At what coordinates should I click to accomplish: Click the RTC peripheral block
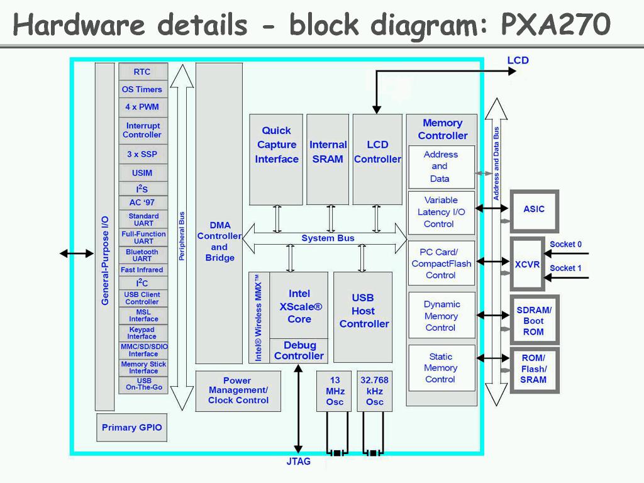pos(143,72)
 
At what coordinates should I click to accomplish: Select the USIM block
pos(143,173)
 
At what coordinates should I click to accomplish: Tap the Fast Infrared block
pos(143,270)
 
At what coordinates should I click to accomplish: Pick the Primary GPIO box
pos(132,428)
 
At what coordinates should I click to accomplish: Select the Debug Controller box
pos(299,351)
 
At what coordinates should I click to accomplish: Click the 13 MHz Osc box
pos(335,391)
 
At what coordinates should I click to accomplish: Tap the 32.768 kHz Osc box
pos(375,391)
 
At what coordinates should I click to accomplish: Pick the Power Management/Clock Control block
pos(238,391)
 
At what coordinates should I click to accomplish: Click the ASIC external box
pos(534,210)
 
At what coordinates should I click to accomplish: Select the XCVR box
pos(527,264)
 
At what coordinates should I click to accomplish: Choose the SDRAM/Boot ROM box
pos(534,321)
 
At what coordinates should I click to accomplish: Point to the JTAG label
pos(298,462)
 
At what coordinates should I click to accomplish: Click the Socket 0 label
pos(565,244)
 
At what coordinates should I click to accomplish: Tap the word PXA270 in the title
pos(555,25)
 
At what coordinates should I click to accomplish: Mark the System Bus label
pos(328,238)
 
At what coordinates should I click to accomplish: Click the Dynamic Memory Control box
pos(441,316)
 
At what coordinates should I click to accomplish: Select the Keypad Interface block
pos(143,333)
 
